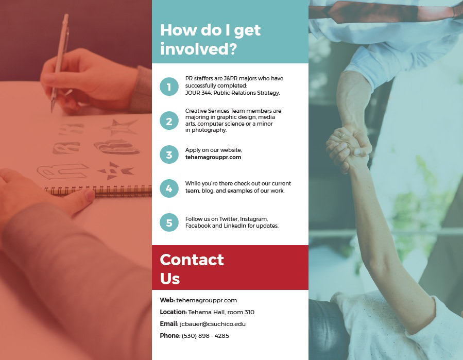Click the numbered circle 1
tap(169, 87)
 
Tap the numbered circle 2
tap(169, 121)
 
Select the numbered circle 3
tap(169, 155)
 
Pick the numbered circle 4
tap(169, 188)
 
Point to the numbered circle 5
tap(169, 222)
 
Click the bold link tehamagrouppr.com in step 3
tap(213, 157)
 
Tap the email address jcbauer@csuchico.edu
tap(213, 324)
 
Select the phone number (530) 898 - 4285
tap(205, 336)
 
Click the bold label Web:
tap(167, 300)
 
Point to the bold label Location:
tap(174, 312)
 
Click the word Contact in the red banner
tap(192, 260)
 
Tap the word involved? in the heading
tap(198, 49)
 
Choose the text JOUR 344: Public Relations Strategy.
tap(232, 93)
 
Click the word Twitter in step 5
tap(229, 219)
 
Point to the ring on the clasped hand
tap(341, 134)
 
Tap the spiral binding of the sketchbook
tap(98, 190)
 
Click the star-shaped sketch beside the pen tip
tap(121, 127)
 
